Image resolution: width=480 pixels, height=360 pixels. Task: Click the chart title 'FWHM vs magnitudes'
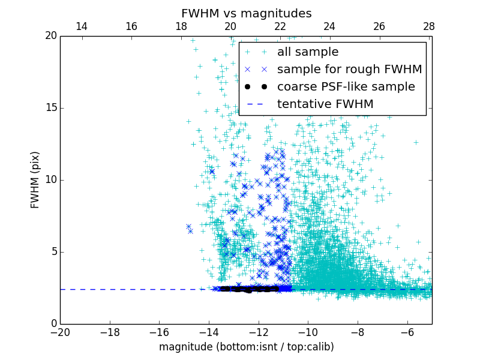pos(246,13)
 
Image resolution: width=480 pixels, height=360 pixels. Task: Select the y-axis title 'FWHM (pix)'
pos(35,179)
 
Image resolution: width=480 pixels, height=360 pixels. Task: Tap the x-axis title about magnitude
pos(246,347)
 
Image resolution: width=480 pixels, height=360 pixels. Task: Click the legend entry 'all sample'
pos(308,52)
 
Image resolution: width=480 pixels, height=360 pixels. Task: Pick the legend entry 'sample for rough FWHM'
pos(349,70)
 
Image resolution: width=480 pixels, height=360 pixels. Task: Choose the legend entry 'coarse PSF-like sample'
pos(346,87)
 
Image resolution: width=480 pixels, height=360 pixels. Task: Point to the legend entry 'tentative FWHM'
pos(325,104)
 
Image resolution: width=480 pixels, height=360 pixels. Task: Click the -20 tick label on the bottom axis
pos(60,332)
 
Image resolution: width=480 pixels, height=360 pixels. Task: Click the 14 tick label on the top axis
pos(82,26)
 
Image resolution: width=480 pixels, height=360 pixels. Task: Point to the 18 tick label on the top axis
pos(181,26)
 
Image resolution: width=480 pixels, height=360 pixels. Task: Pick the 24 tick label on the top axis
pos(329,26)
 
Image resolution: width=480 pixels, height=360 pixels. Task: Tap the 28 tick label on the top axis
pos(428,26)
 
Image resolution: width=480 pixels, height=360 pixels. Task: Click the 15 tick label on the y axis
pos(51,108)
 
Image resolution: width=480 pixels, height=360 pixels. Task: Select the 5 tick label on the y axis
pos(53,252)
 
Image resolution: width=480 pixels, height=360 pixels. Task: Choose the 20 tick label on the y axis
pos(50,36)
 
